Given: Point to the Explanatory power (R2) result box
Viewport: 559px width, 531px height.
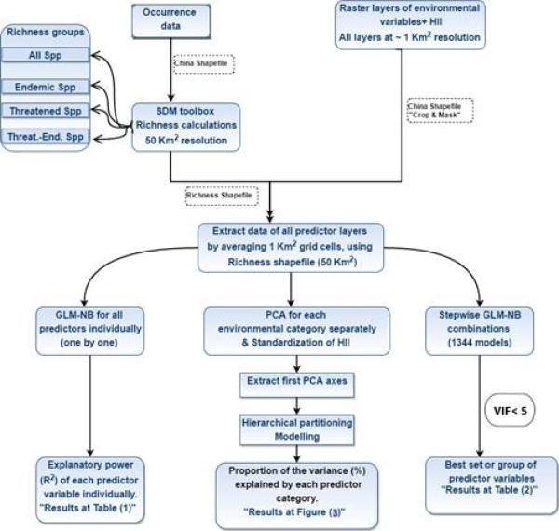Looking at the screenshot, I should pos(89,481).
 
